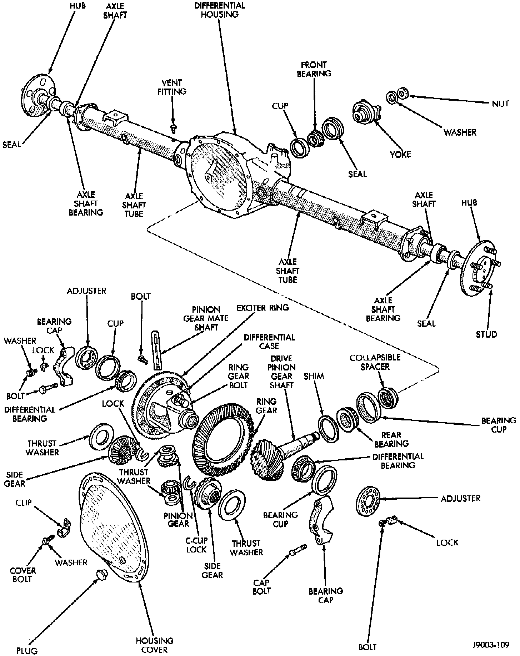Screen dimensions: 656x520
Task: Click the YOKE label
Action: pyautogui.click(x=401, y=154)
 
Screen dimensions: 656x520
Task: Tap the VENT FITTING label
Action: pyautogui.click(x=172, y=87)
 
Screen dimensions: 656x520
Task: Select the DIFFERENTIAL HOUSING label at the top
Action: pyautogui.click(x=220, y=10)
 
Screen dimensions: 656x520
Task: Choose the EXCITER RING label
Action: pyautogui.click(x=262, y=307)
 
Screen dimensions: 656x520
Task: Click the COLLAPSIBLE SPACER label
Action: pyautogui.click(x=370, y=362)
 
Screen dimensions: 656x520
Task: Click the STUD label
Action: pyautogui.click(x=486, y=334)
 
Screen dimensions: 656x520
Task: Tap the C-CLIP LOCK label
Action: pyautogui.click(x=196, y=545)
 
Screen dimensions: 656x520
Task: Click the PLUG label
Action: pyautogui.click(x=27, y=651)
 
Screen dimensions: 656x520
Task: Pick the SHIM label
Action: pyautogui.click(x=314, y=376)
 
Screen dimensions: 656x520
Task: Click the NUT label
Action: pyautogui.click(x=500, y=104)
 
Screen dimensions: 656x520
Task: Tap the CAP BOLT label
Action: pyautogui.click(x=261, y=587)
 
